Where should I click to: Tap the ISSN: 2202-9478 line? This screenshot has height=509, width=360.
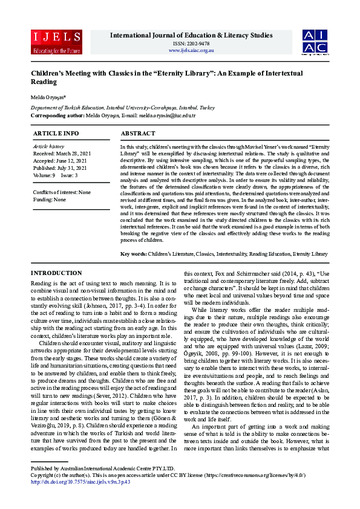[191, 44]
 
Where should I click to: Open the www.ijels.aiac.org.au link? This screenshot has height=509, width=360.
[191, 50]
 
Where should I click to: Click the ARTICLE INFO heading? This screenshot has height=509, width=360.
[56, 133]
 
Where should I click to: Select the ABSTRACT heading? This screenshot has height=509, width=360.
[138, 133]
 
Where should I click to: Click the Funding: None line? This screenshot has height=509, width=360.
[50, 199]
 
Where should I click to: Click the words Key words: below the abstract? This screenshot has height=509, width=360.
[134, 253]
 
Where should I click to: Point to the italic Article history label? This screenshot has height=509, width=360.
[48, 146]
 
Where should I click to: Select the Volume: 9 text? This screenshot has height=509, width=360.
[44, 175]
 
